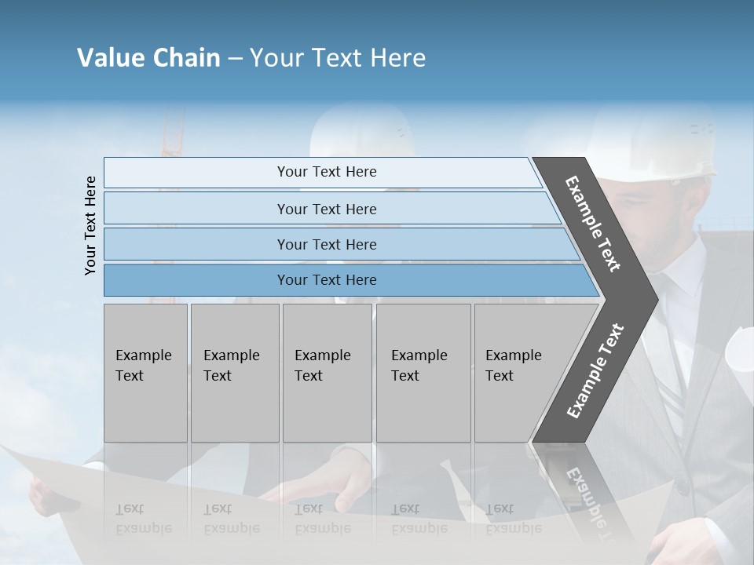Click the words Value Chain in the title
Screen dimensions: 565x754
click(x=148, y=58)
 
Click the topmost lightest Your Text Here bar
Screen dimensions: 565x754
click(x=326, y=172)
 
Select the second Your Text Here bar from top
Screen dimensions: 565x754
click(x=326, y=209)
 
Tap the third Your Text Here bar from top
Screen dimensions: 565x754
click(x=326, y=244)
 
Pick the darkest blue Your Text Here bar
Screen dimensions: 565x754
click(x=326, y=280)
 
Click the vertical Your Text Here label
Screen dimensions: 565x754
click(x=90, y=225)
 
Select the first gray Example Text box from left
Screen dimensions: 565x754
click(x=145, y=372)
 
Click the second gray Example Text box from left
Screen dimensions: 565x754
click(x=234, y=372)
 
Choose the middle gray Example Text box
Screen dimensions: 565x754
click(x=327, y=372)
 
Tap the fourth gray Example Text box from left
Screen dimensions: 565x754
click(x=423, y=372)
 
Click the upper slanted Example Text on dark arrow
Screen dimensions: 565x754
click(x=593, y=224)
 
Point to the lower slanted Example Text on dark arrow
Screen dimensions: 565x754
click(x=595, y=371)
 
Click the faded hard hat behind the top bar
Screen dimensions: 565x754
click(x=361, y=133)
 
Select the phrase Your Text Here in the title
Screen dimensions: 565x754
click(x=338, y=58)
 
